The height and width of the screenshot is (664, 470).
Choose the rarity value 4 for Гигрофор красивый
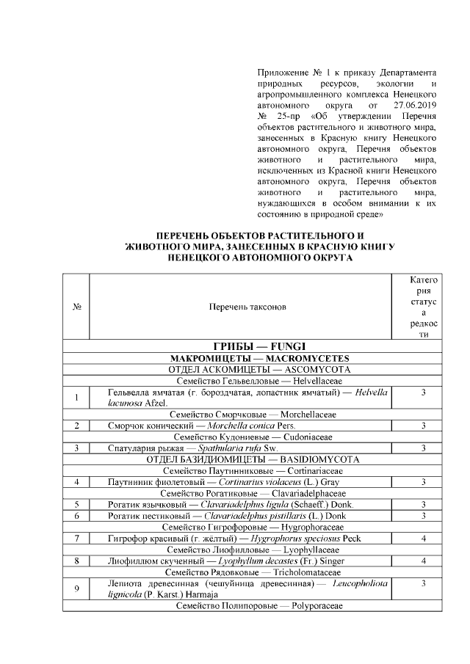pos(424,538)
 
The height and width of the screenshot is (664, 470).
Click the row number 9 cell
pos(76,588)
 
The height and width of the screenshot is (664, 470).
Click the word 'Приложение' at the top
pos(283,73)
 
